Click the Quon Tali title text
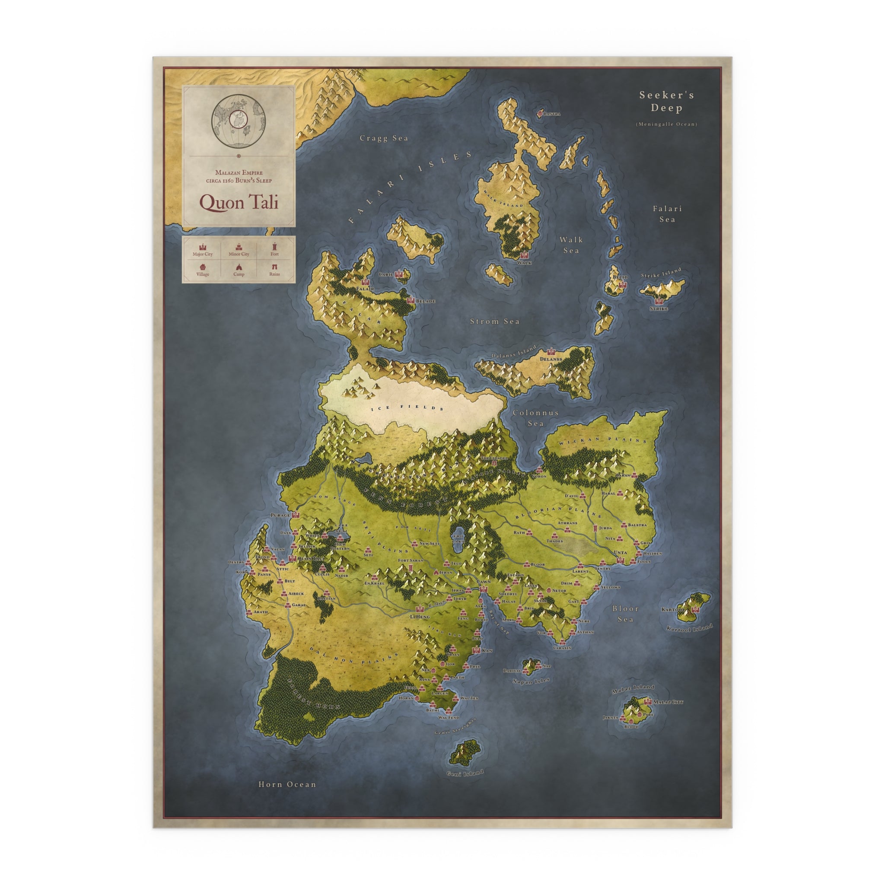(x=239, y=202)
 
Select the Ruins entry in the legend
(x=274, y=274)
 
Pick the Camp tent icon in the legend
(x=239, y=267)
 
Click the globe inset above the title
(x=239, y=121)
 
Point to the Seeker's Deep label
(x=666, y=101)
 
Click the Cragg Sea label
(x=383, y=138)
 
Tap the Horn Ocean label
(x=287, y=784)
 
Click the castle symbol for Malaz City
(x=648, y=701)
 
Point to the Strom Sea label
(x=495, y=322)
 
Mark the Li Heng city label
(x=420, y=617)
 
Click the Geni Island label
(x=465, y=774)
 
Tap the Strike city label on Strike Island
(x=659, y=309)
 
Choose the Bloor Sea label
(x=625, y=614)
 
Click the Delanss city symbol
(x=551, y=352)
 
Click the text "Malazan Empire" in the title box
(x=239, y=173)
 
